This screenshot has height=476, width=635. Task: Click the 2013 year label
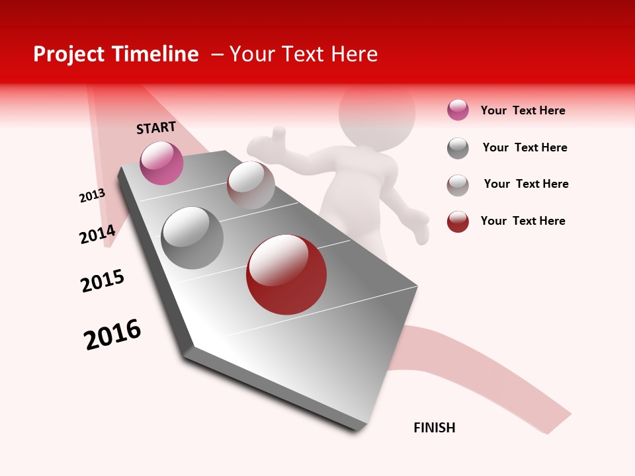point(92,195)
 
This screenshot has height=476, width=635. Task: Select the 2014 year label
point(98,234)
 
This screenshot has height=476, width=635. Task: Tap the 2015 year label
point(103,280)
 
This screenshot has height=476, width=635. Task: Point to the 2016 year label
point(112,335)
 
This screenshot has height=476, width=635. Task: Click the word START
point(156,128)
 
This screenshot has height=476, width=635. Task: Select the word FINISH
point(435,428)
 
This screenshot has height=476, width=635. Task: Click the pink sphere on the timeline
point(161,163)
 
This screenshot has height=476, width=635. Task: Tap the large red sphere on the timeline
point(286,274)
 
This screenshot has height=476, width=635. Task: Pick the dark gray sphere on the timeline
point(192,238)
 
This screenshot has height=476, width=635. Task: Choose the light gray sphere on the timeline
point(251,184)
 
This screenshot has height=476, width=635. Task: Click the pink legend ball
point(458,110)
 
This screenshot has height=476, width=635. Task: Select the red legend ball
point(458,221)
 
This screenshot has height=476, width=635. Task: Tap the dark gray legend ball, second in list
point(458,148)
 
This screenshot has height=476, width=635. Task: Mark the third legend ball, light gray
point(458,185)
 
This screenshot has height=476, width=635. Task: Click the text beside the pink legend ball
point(523,110)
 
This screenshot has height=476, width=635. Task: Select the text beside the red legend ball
point(523,221)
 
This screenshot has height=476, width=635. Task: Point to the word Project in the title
point(68,54)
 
